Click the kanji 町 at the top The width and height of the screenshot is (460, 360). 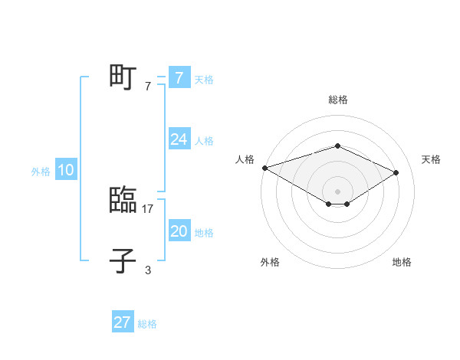pos(123,77)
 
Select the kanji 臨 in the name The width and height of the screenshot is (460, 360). pos(123,201)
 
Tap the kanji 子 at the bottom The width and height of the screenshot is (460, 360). pos(123,260)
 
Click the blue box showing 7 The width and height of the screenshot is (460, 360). pos(179,78)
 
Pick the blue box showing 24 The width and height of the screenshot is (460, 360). pos(179,139)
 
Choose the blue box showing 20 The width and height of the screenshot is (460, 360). pos(179,231)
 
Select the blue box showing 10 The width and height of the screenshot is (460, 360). pos(66,171)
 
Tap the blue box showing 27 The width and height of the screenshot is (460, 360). pos(123,322)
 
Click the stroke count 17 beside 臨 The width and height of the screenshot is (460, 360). pos(149,208)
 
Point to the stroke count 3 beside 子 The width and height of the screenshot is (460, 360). pos(148,270)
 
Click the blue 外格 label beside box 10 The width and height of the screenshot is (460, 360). pos(41,172)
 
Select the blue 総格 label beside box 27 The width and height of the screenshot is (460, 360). pos(147,324)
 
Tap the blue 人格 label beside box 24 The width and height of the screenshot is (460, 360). pos(204,141)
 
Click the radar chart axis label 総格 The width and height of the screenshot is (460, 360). pos(337,100)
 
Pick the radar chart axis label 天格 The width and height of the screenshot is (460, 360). pos(431,159)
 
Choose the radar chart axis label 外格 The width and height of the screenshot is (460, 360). pos(270,263)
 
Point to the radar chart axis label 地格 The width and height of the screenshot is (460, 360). pos(402,263)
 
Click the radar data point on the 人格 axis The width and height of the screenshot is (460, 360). pos(264,167)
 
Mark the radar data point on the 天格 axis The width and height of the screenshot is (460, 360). pos(396,172)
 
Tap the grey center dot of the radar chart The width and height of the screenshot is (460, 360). pos(337,191)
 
